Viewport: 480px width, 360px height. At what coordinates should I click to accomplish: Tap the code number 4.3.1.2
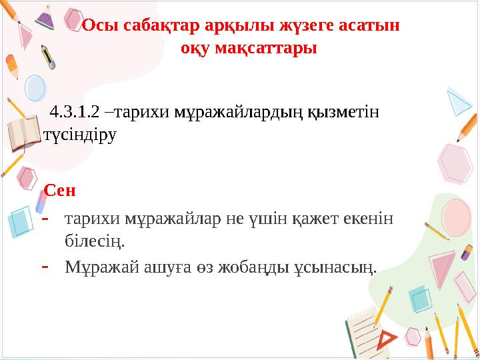point(73,111)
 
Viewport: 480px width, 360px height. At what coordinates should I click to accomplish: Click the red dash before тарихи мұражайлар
point(45,217)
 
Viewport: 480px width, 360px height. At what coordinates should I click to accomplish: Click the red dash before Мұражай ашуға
point(45,265)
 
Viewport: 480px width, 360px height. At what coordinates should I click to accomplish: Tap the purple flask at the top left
point(45,17)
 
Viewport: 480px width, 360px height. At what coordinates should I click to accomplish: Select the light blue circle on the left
point(35,87)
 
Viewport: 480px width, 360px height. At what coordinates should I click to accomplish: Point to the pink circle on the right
point(455,162)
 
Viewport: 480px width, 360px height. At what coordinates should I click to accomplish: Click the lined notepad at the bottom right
point(370,333)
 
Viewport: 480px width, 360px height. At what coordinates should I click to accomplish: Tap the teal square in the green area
point(421,299)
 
